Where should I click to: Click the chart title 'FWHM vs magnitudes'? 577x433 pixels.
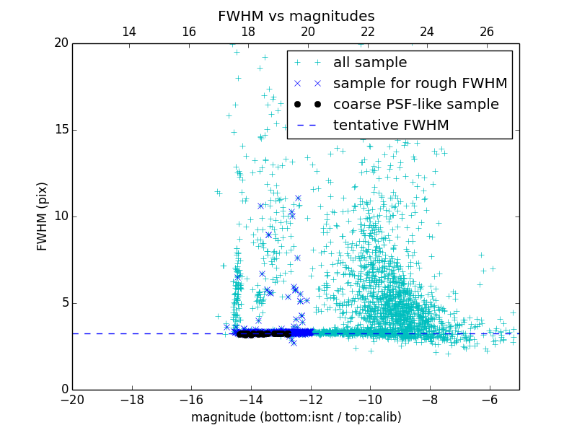coord(296,16)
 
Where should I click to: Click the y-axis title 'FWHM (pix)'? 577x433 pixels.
coord(43,216)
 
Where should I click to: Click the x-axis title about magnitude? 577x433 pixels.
coord(296,417)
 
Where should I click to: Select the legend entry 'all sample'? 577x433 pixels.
coord(369,63)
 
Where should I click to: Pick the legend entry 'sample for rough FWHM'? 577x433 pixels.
coord(420,84)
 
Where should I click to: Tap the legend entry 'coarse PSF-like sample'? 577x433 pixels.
coord(415,105)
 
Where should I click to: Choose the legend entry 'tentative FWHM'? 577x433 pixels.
coord(390,126)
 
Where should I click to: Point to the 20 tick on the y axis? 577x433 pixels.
coord(61,43)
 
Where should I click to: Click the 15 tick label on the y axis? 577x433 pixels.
coord(61,130)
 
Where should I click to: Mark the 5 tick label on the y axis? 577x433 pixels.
coord(64,303)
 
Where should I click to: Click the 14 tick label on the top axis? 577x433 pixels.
coord(129,32)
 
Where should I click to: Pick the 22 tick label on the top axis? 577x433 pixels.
coord(368,32)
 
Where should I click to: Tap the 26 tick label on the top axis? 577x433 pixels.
coord(487,32)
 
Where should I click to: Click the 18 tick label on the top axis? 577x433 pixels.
coord(248,32)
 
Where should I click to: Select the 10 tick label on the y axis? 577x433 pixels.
coord(61,216)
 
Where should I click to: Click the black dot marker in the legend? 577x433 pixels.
coord(307,105)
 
